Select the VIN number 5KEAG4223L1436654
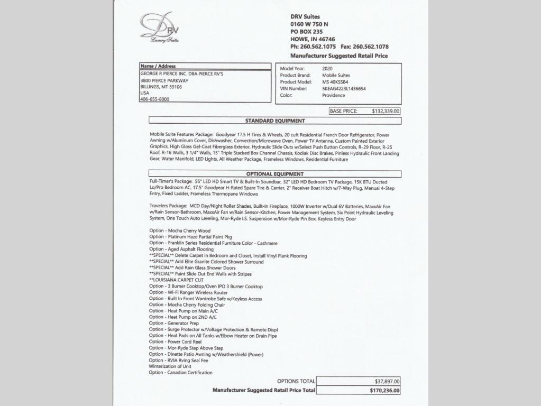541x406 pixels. click(344, 89)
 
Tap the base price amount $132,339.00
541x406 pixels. click(386, 112)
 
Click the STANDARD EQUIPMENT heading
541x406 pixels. click(274, 121)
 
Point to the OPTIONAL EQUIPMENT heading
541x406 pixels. click(274, 174)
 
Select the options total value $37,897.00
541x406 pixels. click(387, 381)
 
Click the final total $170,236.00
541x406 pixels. click(385, 391)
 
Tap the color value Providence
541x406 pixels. click(334, 96)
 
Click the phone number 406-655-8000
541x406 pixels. click(154, 99)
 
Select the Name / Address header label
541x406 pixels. click(158, 66)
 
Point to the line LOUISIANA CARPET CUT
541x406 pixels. click(176, 280)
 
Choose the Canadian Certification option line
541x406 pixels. click(181, 372)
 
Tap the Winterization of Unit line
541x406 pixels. click(170, 366)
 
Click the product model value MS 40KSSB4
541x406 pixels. click(335, 82)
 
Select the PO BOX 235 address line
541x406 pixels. click(308, 32)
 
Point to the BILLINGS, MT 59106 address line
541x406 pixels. click(161, 86)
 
